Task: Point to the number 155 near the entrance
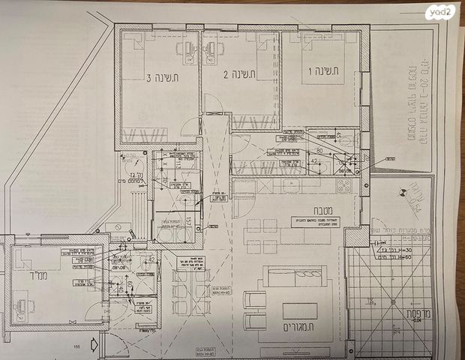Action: (x=76, y=346)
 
